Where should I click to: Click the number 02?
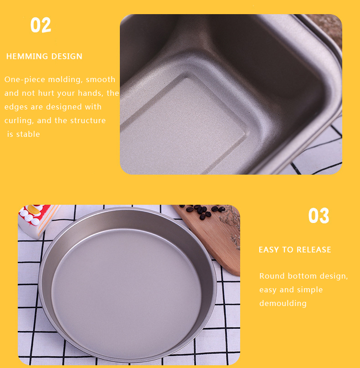click(41, 25)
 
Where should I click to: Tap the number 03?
click(319, 215)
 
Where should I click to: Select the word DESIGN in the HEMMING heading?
click(67, 57)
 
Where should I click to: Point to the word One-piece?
click(25, 79)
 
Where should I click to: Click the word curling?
click(19, 121)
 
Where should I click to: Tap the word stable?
click(28, 134)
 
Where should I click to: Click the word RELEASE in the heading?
click(314, 249)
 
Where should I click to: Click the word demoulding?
click(283, 303)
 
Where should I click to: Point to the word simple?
click(310, 290)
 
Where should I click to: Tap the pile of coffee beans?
click(202, 211)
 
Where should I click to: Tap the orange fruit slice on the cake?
click(34, 209)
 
